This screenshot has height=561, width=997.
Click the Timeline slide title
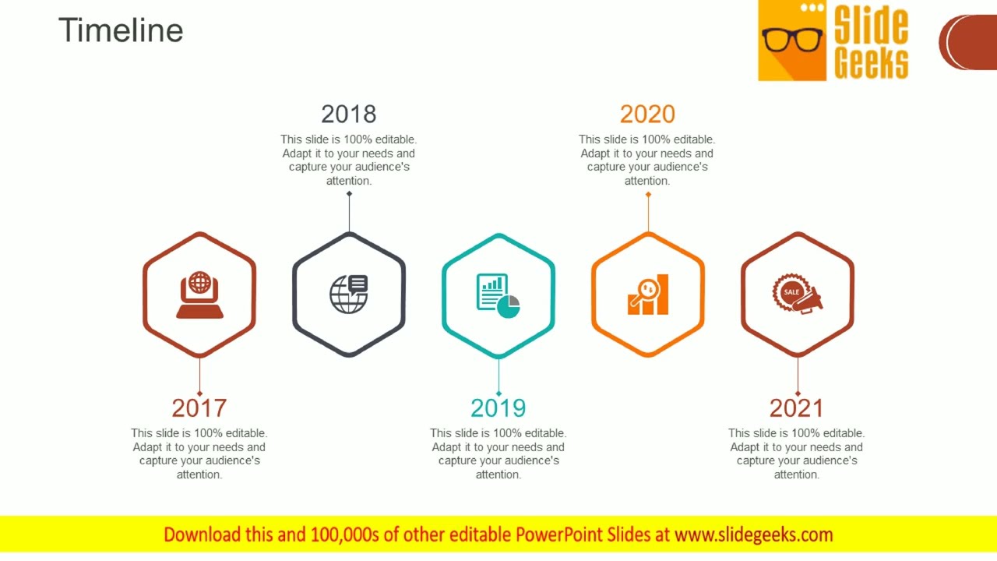coord(121,30)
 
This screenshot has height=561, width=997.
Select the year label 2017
coord(199,408)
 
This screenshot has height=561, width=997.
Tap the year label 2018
coord(349,114)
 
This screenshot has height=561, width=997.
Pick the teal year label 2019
coord(498,408)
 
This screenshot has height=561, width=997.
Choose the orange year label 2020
coord(647,114)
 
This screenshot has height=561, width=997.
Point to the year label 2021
coord(797,408)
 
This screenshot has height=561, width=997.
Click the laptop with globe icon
coord(199,295)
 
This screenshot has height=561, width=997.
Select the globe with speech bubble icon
coord(349,295)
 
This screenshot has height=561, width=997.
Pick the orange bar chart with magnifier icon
coord(648,295)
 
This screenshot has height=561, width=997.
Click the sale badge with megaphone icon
coord(797,294)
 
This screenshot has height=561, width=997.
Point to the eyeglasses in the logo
coord(792,39)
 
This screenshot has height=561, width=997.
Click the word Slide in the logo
coord(871,26)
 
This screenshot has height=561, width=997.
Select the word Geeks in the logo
coord(871,62)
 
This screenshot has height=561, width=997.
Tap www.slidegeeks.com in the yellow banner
coord(753,535)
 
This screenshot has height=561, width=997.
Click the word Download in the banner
coord(202,535)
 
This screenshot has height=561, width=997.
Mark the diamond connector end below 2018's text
coord(349,193)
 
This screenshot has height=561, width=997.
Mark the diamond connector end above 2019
coord(498,393)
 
